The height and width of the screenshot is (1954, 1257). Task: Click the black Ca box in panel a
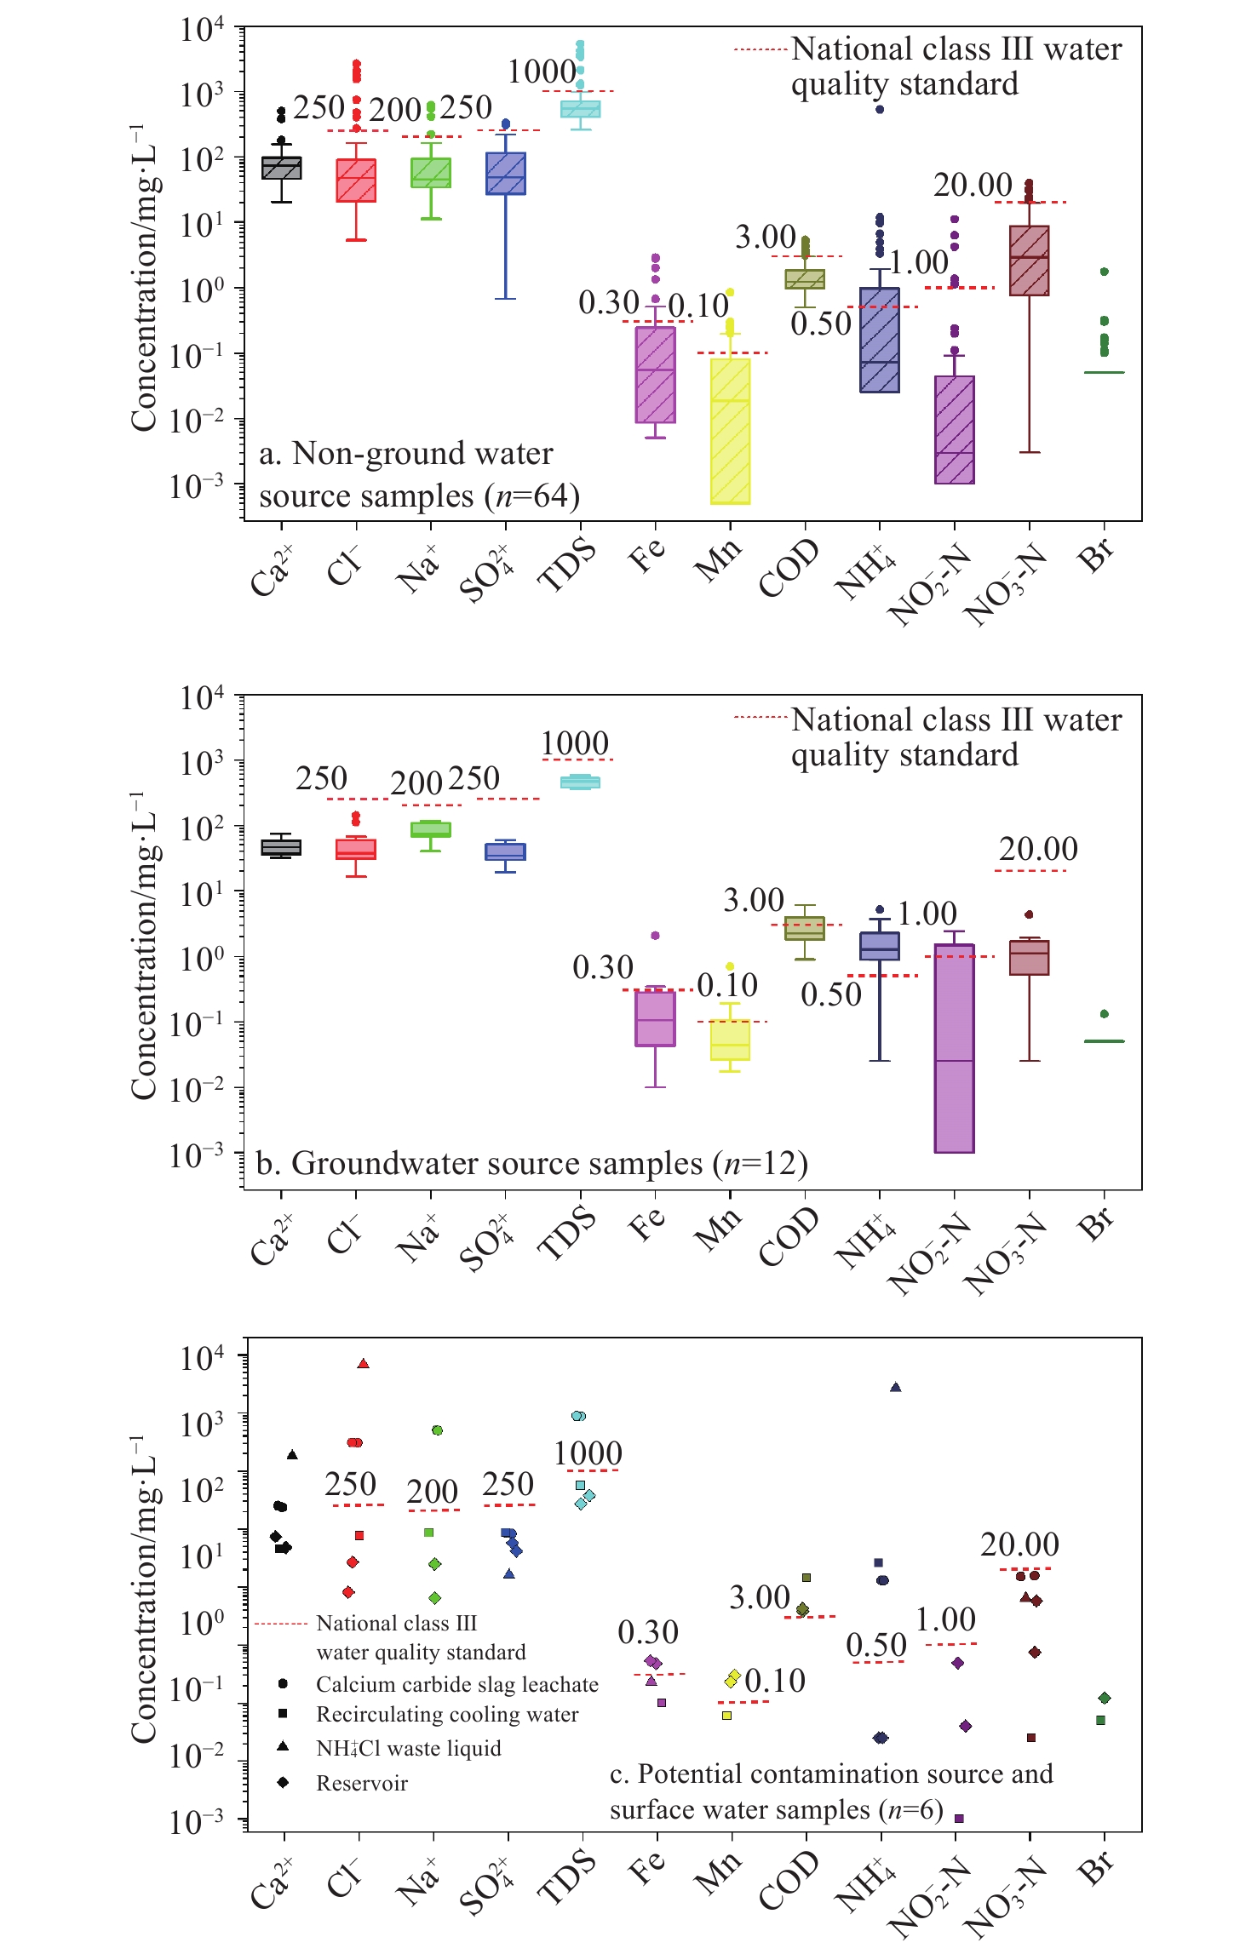coord(281,168)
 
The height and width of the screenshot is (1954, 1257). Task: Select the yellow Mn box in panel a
coord(730,431)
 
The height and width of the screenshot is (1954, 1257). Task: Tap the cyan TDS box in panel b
coord(580,782)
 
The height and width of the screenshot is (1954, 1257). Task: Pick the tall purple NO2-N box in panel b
coord(954,1048)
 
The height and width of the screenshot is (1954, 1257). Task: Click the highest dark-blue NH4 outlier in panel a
coord(880,109)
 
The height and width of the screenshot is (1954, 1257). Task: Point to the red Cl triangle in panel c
coord(364,1363)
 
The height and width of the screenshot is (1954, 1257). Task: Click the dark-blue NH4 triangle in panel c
coord(895,1387)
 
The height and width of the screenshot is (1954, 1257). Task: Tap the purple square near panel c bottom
coord(959,1818)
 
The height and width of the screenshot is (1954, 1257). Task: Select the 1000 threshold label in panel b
coord(575,743)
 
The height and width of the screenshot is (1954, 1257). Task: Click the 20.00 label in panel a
coord(973,185)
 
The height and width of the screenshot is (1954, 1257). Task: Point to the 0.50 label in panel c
coord(876,1646)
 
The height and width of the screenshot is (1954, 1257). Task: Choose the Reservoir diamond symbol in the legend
coord(283,1782)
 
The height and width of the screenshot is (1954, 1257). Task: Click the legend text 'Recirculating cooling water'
coord(447,1714)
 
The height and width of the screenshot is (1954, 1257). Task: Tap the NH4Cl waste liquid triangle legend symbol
coord(283,1746)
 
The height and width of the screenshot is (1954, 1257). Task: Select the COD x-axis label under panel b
coord(789,1236)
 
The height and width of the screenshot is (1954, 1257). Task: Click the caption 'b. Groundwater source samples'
coord(531,1163)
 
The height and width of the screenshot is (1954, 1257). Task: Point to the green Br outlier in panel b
coord(1105,1014)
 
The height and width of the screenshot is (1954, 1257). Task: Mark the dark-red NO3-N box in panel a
coord(1029,261)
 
